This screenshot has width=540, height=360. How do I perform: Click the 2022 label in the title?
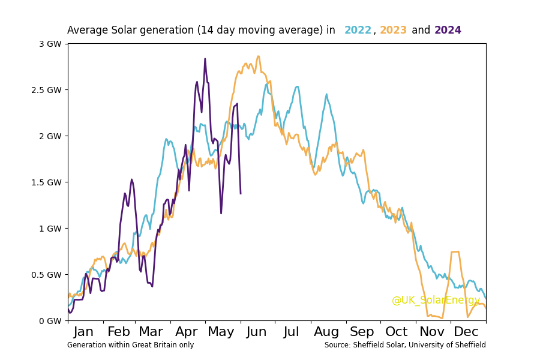(x=358, y=31)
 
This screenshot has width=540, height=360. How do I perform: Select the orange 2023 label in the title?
(x=393, y=31)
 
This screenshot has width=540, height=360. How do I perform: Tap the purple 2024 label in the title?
(x=448, y=31)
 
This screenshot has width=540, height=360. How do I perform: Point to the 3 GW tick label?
(x=50, y=44)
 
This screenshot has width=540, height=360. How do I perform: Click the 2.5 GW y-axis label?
(x=47, y=90)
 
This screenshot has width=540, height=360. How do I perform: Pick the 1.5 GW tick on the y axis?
(x=47, y=182)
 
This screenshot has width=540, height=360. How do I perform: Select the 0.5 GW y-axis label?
(x=47, y=275)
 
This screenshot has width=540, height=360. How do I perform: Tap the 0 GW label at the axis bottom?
(x=50, y=321)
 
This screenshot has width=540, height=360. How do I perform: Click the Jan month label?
(x=83, y=332)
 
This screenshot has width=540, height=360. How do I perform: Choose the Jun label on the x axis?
(x=257, y=332)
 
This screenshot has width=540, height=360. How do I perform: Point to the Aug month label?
(x=326, y=332)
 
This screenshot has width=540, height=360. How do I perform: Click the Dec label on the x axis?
(x=466, y=332)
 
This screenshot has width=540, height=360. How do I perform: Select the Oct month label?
(x=397, y=332)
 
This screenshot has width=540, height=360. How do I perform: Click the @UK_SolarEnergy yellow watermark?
(x=436, y=301)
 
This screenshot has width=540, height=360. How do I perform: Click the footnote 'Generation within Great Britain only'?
(x=130, y=345)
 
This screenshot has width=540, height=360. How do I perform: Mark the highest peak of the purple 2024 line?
(x=205, y=59)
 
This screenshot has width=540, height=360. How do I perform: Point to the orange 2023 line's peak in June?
(x=258, y=56)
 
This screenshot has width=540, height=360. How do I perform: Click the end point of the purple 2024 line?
(x=241, y=193)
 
